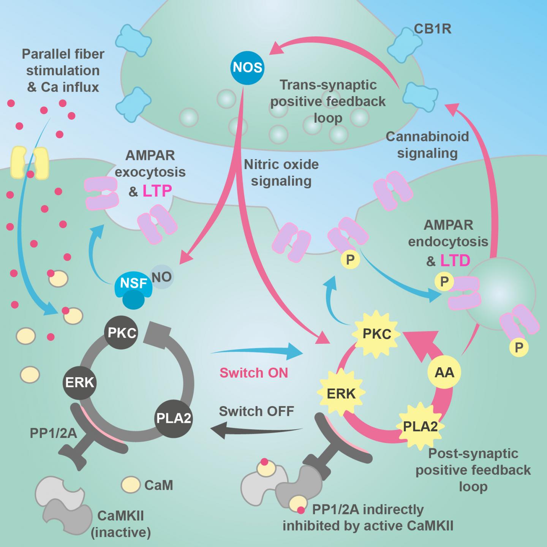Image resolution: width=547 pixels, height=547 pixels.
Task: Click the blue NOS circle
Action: tap(248, 68)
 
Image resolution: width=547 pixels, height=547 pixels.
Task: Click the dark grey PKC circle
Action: tap(122, 333)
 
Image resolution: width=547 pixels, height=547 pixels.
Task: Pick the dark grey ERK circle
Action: tap(79, 382)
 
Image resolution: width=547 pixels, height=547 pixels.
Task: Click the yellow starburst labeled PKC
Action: tap(377, 334)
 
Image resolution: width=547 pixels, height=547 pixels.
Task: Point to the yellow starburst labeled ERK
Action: tap(341, 394)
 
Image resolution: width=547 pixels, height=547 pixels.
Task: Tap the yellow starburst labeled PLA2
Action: tap(420, 426)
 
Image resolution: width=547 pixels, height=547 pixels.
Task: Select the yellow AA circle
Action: tap(444, 372)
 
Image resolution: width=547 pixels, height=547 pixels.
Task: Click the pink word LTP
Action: tap(157, 191)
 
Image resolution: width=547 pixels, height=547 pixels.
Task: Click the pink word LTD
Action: tap(455, 261)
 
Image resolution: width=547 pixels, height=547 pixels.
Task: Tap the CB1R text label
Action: tap(432, 29)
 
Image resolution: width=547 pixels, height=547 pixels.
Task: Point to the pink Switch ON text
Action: tap(254, 373)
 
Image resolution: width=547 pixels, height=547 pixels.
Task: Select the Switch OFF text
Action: tap(256, 411)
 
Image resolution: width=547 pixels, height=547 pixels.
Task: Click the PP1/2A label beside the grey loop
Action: tap(53, 433)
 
